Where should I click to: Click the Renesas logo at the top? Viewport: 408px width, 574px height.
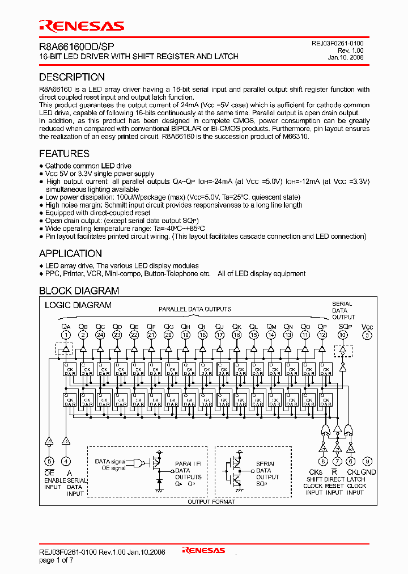(81, 26)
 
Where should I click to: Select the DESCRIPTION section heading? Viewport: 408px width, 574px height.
(71, 77)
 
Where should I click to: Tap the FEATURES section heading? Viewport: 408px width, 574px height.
(64, 154)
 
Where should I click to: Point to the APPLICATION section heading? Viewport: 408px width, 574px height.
(70, 254)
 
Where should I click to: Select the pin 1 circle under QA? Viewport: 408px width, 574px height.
(66, 335)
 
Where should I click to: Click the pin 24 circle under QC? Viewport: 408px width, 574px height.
(100, 335)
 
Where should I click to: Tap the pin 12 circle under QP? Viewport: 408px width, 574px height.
(322, 335)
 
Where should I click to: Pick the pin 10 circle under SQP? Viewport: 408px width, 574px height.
(343, 335)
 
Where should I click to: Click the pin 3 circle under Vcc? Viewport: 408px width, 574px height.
(367, 335)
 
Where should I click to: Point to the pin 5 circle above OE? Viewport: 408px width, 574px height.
(49, 461)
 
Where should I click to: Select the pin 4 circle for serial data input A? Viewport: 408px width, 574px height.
(66, 461)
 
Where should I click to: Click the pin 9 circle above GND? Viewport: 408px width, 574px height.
(367, 461)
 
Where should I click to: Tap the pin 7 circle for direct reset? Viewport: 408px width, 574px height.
(338, 461)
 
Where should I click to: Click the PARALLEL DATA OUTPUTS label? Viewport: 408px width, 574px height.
(194, 309)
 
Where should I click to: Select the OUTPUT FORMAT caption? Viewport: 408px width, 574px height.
(206, 501)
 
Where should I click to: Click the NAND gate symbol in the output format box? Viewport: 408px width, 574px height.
(137, 464)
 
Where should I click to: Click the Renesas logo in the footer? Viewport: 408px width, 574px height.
(203, 550)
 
